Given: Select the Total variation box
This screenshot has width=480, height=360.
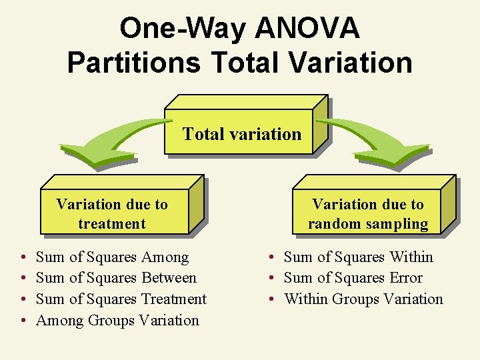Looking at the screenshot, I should (x=241, y=133).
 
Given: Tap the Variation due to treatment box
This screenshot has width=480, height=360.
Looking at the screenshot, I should (x=112, y=214).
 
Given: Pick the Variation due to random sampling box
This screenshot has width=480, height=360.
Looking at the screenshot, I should (x=368, y=214).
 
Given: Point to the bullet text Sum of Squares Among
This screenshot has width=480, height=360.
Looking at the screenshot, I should (x=112, y=257).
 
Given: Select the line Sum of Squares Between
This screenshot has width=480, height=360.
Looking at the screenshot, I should (x=116, y=278).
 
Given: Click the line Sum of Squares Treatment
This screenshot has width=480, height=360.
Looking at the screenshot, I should (x=121, y=299).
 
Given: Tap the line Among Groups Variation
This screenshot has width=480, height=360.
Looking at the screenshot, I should (x=117, y=321).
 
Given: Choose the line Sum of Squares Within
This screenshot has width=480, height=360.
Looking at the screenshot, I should (x=358, y=257).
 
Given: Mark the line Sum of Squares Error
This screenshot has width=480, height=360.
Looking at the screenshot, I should (x=353, y=278).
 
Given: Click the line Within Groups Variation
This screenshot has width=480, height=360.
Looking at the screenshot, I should (x=363, y=299).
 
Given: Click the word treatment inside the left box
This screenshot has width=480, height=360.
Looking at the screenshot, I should (x=112, y=223).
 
